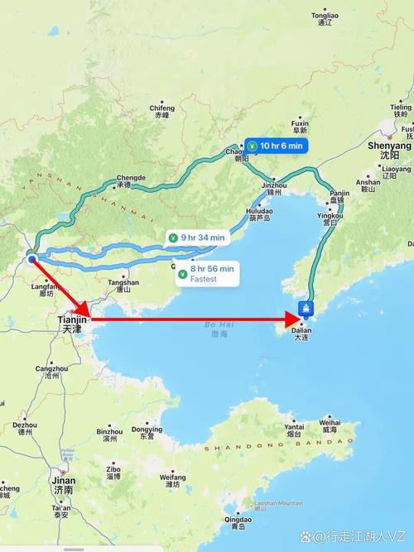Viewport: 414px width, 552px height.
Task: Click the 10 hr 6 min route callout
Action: (x=277, y=146)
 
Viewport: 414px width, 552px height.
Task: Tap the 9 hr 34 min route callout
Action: (x=196, y=238)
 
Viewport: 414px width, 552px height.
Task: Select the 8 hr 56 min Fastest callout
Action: (x=206, y=273)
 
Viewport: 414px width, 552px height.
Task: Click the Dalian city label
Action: (x=302, y=333)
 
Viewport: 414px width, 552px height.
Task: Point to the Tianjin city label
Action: (x=72, y=324)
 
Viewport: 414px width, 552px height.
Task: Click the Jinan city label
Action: (x=63, y=484)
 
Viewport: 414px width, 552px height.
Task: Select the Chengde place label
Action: (x=130, y=181)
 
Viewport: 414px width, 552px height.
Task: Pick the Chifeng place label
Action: (x=162, y=112)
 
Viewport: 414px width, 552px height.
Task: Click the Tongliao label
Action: (x=325, y=19)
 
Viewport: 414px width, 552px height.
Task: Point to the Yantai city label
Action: (x=294, y=430)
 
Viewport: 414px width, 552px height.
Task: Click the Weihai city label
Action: (x=330, y=425)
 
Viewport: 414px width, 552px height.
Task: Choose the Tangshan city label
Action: (x=123, y=286)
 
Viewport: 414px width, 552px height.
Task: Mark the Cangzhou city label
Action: (x=51, y=372)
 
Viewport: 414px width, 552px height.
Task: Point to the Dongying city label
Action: (x=147, y=433)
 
